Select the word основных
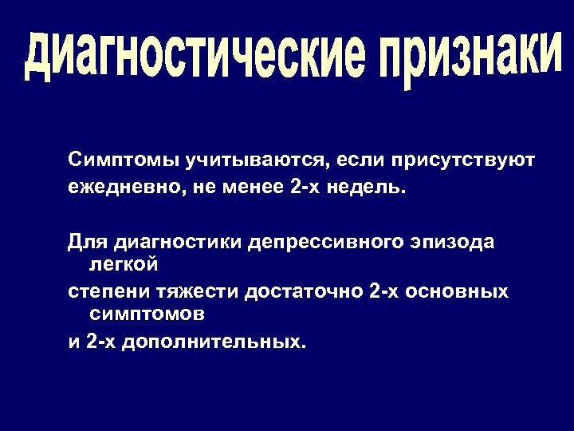pos(456,292)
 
